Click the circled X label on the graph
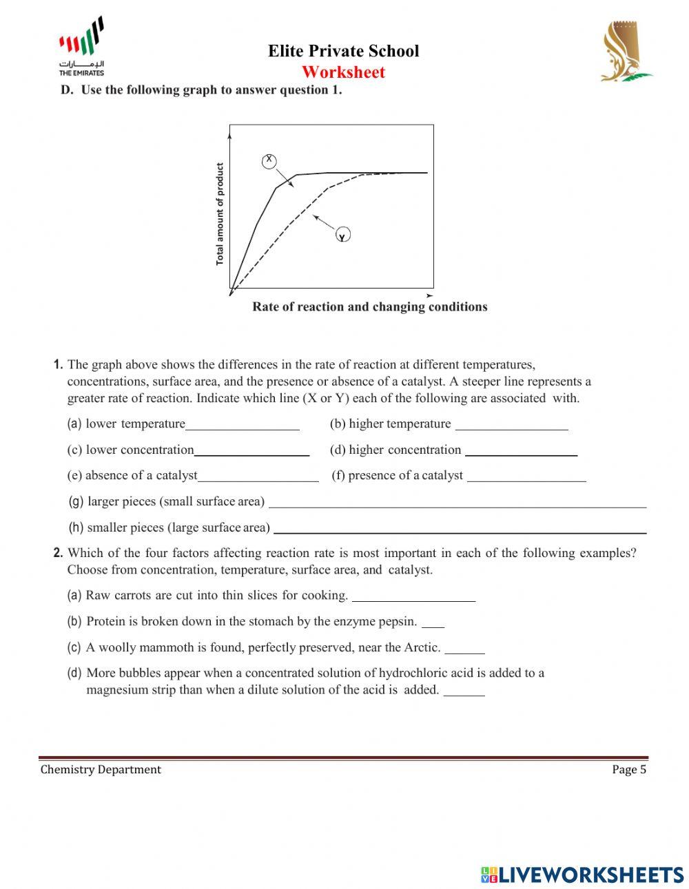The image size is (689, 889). (x=269, y=160)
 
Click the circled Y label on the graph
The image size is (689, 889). (x=342, y=236)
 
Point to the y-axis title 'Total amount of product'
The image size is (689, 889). (x=220, y=214)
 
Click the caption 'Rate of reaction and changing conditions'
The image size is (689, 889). (x=369, y=307)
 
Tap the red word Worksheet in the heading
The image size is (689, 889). (x=343, y=72)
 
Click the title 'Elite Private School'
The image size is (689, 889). (x=343, y=51)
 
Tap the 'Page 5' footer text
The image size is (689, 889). (x=628, y=769)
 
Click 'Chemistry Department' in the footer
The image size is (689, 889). (x=101, y=769)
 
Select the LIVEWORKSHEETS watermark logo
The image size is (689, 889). (x=582, y=875)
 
